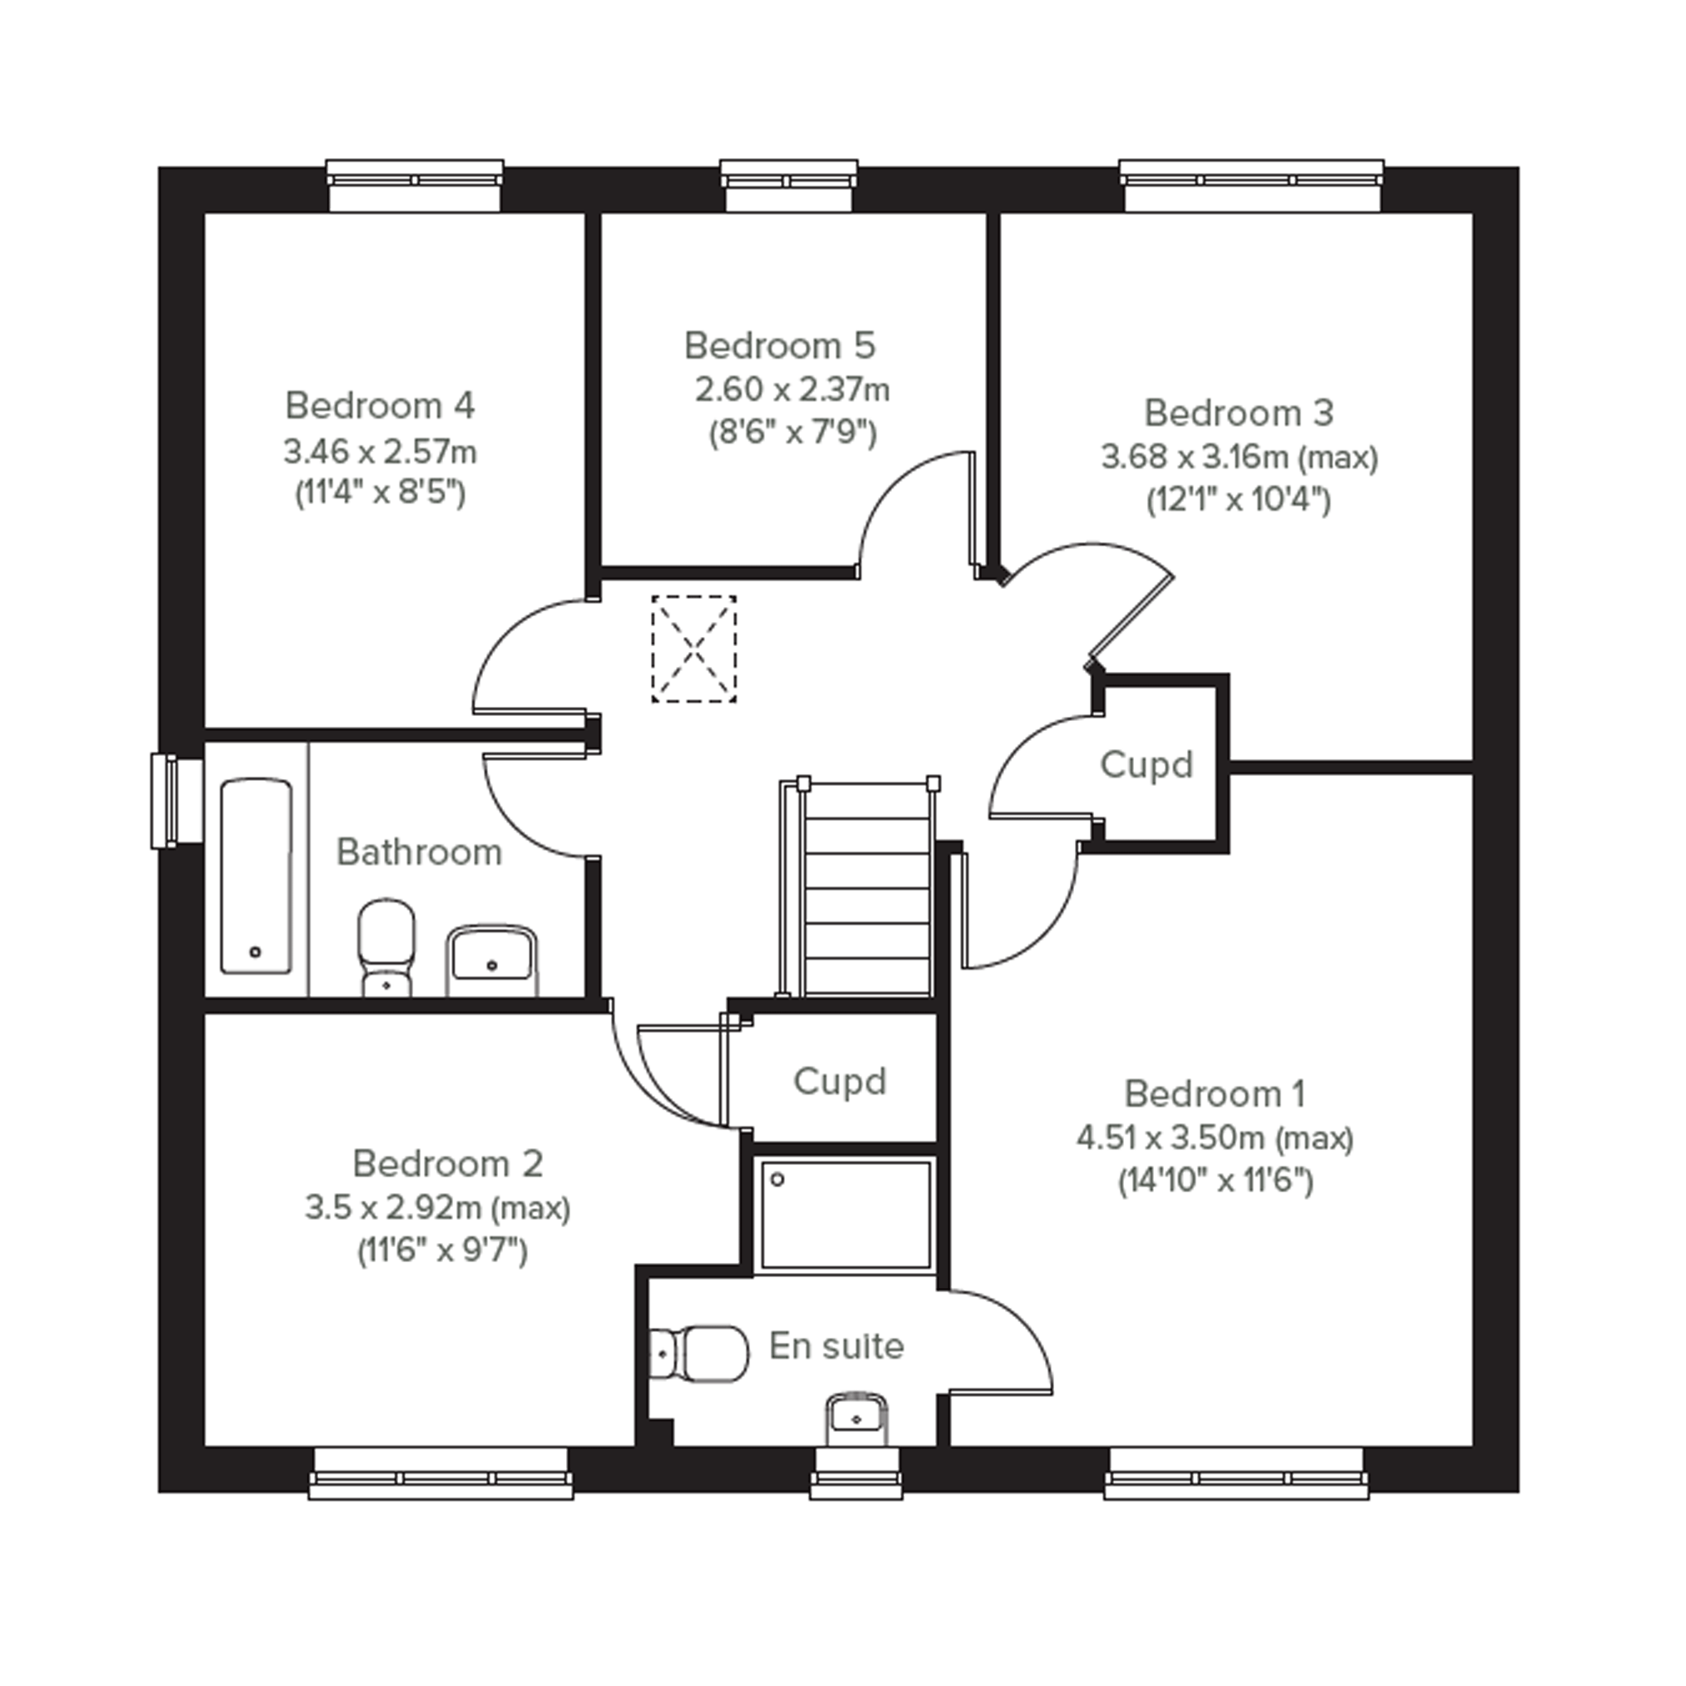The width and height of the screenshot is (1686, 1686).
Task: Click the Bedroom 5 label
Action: click(779, 346)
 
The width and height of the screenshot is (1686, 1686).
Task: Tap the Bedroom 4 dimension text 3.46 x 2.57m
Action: click(380, 451)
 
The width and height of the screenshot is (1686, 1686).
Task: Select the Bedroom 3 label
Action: click(1238, 413)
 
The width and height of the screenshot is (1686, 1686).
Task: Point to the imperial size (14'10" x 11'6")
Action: click(1216, 1181)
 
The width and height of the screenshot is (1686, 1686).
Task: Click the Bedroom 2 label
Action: click(448, 1163)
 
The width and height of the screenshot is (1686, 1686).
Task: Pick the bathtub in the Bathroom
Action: click(256, 876)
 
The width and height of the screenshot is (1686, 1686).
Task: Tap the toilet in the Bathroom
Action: click(385, 947)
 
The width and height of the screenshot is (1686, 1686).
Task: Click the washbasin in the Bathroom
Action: click(491, 960)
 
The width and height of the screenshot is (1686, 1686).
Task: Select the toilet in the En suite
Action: click(699, 1355)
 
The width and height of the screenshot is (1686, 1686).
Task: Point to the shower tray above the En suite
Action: click(845, 1214)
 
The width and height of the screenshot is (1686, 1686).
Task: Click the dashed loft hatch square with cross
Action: click(694, 649)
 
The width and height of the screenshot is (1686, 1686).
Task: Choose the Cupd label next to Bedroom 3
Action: click(1146, 764)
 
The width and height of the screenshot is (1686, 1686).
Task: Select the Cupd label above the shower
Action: click(839, 1082)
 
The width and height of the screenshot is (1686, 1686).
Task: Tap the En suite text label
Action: click(836, 1346)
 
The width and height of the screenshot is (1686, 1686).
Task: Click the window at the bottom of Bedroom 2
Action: click(440, 1474)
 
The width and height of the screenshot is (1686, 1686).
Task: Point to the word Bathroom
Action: click(419, 853)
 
